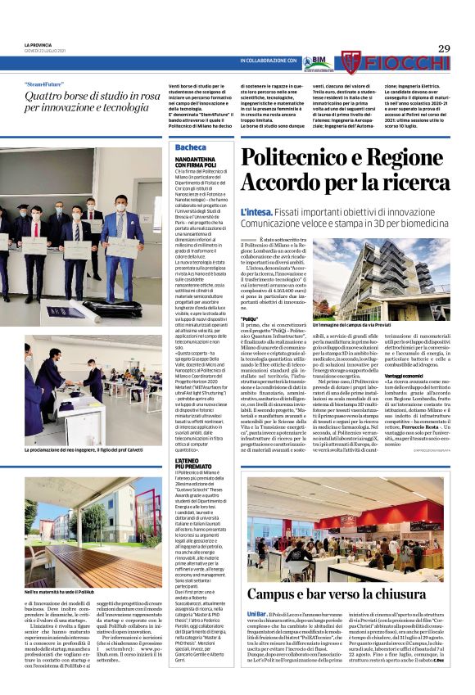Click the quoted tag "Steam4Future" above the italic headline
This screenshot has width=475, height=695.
(48, 83)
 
